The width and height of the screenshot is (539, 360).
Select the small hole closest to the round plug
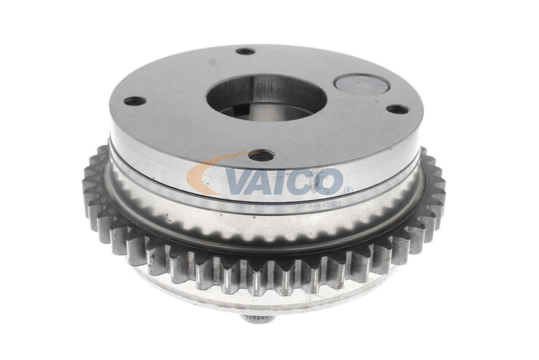pyautogui.click(x=396, y=109)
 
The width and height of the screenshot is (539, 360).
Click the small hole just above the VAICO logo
pyautogui.click(x=261, y=156)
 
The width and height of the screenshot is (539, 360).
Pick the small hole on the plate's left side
pyautogui.click(x=134, y=101)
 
